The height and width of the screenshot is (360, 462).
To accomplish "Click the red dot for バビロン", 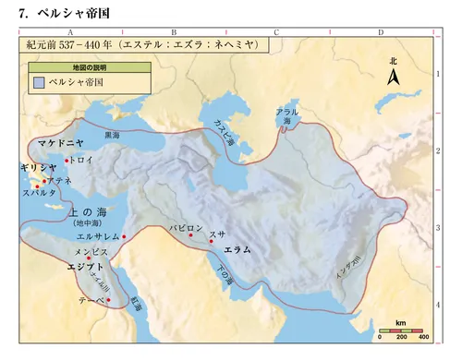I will (x=190, y=235).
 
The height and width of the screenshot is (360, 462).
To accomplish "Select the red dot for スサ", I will (x=212, y=241).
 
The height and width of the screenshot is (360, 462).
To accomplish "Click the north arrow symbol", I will (x=393, y=78).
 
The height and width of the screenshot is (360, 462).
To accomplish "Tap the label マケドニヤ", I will (x=62, y=143).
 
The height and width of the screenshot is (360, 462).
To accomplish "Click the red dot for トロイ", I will (x=67, y=160).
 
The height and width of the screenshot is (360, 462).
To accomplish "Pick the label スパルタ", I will (x=40, y=193).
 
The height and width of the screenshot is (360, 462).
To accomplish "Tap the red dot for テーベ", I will (x=106, y=301).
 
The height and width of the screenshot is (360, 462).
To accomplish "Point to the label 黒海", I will (x=112, y=135).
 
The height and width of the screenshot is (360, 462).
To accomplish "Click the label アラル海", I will (x=287, y=115).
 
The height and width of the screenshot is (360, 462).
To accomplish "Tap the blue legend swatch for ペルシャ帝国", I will (x=38, y=82).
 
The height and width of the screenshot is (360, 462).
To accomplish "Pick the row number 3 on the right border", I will (x=437, y=227).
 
